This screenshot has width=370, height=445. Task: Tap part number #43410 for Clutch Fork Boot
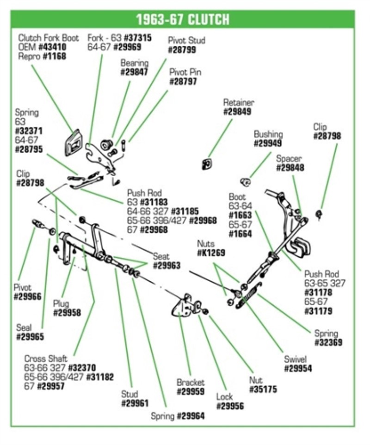coord(51,47)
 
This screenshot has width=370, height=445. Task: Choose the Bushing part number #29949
coord(268,143)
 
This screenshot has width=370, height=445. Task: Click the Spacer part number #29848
coord(290,168)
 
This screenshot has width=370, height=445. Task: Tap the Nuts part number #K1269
coord(211,253)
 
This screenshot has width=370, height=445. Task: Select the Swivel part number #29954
coord(297,369)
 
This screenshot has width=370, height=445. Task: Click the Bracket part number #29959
coord(191,392)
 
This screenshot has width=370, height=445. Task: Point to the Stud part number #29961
coord(135,403)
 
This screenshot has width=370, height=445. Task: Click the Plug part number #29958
coord(67,313)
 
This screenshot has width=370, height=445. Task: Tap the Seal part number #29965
coord(30,337)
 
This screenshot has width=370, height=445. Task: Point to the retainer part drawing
coord(206,163)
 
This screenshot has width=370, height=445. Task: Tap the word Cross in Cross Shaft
coord(34,358)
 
